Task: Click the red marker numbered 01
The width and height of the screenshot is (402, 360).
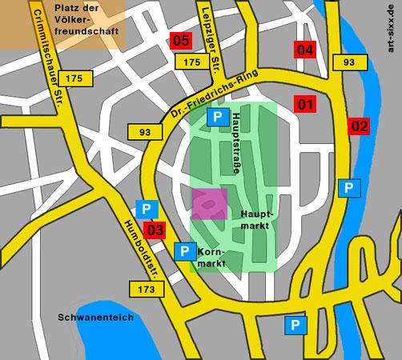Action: coord(305,104)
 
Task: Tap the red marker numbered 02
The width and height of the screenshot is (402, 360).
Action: coord(359,126)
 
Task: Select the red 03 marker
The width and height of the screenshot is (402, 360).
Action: coord(157,231)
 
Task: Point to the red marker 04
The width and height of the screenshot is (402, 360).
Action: coord(305,50)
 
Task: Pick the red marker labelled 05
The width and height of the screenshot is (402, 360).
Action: coord(182,40)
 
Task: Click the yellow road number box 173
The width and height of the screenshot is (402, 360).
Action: coord(145,288)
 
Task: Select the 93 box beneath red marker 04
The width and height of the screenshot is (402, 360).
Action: coord(348,62)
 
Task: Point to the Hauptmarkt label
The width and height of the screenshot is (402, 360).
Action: coord(257,221)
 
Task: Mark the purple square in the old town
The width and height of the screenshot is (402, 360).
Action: coord(209,205)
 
